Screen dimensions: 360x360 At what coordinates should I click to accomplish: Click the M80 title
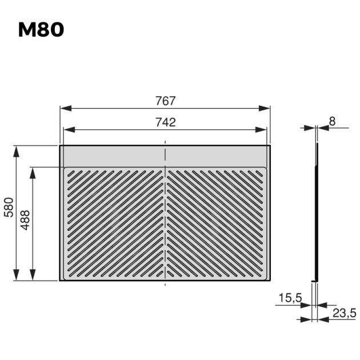(x=41, y=30)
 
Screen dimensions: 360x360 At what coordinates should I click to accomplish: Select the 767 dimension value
(x=165, y=101)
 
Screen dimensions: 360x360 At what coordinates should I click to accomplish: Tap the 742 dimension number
(x=165, y=122)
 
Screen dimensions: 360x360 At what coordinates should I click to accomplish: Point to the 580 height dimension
(x=9, y=207)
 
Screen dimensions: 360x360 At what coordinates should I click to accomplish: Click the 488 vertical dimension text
(x=25, y=220)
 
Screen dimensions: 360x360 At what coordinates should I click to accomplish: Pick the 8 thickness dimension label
(x=332, y=121)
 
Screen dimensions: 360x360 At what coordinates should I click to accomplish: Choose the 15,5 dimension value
(x=290, y=298)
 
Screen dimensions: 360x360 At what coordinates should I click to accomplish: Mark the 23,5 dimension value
(x=345, y=313)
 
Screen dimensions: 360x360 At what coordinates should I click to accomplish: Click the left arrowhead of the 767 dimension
(x=66, y=109)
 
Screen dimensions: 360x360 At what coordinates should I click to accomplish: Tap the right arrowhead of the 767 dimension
(x=264, y=109)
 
